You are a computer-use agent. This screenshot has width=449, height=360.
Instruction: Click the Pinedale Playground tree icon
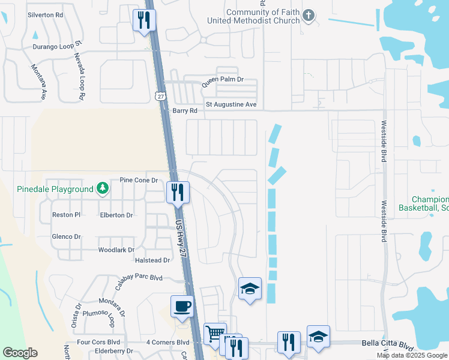pos(103,189)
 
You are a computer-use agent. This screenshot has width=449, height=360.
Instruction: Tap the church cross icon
pos(308,16)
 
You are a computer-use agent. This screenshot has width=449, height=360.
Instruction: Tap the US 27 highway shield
pos(160,96)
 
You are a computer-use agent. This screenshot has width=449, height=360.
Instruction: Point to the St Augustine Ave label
pos(231,104)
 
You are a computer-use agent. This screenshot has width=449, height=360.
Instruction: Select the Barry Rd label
pos(185,111)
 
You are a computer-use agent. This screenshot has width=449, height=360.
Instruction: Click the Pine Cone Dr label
pos(138,179)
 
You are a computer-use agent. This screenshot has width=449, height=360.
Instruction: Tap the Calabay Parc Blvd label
pos(139,278)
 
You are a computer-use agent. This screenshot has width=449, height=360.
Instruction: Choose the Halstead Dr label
pos(154,260)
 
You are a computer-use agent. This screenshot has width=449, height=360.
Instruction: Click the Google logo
pos(20,353)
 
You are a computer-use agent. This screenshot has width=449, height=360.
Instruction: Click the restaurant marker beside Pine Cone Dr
pos(178,192)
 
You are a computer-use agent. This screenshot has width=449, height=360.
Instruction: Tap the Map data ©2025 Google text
pos(412,355)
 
